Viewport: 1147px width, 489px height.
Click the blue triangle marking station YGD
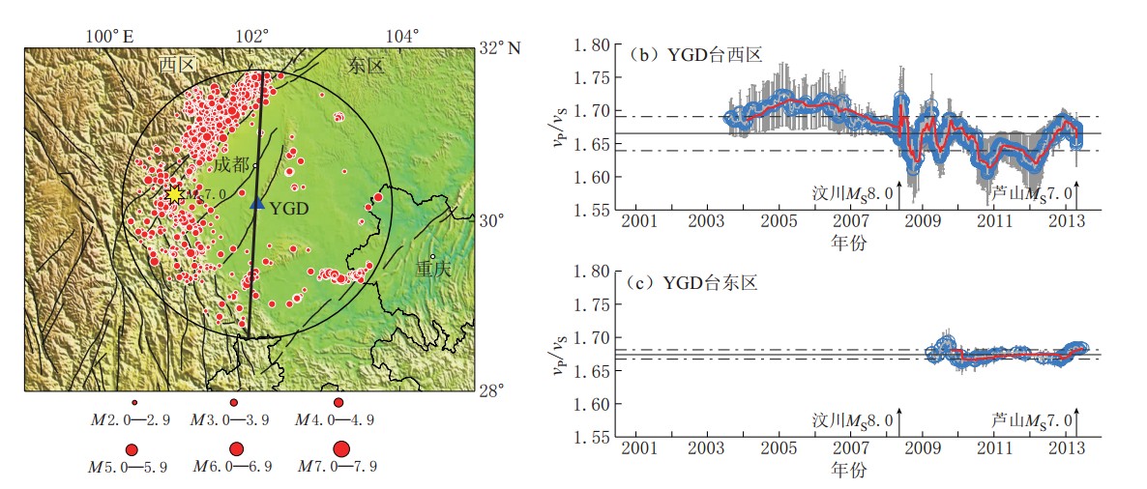tap(256, 203)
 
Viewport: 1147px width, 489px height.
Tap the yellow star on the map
tap(174, 195)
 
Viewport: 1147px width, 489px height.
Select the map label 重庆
tap(433, 269)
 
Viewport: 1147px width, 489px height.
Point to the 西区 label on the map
tap(178, 66)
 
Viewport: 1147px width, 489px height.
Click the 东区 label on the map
tap(366, 66)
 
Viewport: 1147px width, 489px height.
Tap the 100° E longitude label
tap(109, 37)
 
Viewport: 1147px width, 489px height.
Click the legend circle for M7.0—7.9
tap(340, 448)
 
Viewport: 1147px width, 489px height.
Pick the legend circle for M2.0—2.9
tap(134, 402)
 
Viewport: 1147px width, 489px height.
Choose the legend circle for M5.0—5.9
tap(132, 448)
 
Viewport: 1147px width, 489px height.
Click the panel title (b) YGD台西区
tap(695, 54)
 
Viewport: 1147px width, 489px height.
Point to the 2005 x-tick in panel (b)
tap(779, 221)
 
